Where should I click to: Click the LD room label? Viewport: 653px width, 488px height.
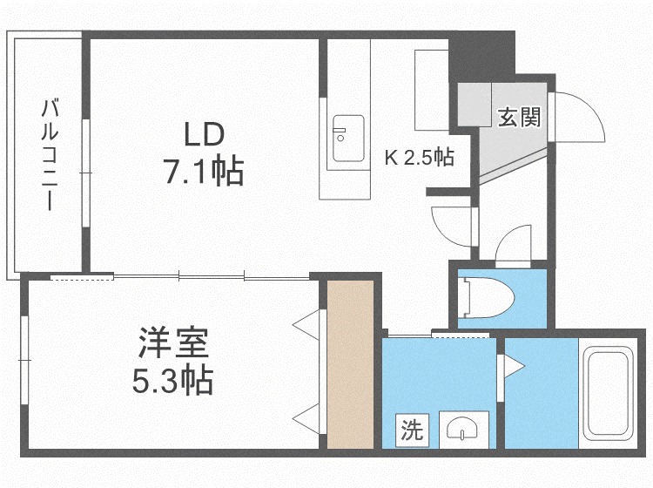[x=204, y=134]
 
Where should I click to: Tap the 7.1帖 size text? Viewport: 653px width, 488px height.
[x=204, y=171]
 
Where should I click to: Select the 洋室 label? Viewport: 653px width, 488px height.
[x=173, y=343]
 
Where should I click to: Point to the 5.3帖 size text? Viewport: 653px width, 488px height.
[x=173, y=381]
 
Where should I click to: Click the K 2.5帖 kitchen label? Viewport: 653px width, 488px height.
[x=420, y=157]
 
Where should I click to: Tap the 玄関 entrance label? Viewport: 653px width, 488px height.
[x=520, y=117]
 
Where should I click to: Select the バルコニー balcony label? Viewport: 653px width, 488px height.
[x=50, y=154]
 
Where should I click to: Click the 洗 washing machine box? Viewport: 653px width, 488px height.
[x=412, y=430]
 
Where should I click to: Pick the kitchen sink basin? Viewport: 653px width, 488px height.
[x=348, y=139]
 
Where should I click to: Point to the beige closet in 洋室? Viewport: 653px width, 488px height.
[x=350, y=364]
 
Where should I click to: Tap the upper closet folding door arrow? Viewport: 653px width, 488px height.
[x=306, y=325]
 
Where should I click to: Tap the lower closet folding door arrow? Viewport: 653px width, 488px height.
[x=306, y=419]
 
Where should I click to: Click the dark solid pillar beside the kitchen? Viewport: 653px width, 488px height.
[x=481, y=57]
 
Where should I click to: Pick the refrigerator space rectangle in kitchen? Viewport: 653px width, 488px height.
[x=432, y=90]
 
